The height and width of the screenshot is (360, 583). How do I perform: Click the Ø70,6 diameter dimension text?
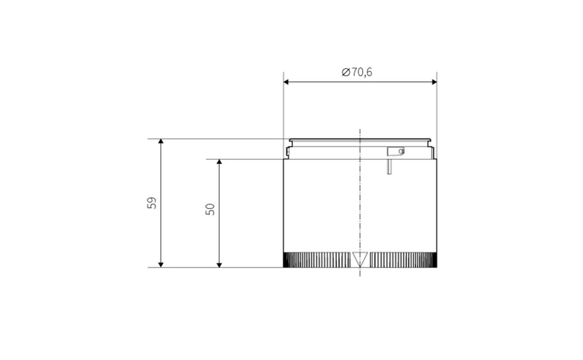tap(357, 72)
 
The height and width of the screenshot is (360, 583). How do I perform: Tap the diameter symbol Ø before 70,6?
tap(345, 72)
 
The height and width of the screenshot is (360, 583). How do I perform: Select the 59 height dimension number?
tap(152, 203)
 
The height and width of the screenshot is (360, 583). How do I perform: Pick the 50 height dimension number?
tap(210, 209)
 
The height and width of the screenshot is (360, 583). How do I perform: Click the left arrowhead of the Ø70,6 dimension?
tap(288, 82)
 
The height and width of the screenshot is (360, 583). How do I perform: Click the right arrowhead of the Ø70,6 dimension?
tap(433, 82)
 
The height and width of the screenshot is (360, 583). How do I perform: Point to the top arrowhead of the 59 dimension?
tap(161, 142)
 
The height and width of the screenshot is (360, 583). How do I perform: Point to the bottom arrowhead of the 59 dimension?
tap(161, 263)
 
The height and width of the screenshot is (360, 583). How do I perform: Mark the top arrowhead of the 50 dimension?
tap(219, 162)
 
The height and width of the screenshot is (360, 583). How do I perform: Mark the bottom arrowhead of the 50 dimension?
tap(219, 263)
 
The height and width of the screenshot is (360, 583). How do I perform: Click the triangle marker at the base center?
tap(360, 259)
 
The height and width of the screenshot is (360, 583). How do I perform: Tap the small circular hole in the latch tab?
tap(401, 152)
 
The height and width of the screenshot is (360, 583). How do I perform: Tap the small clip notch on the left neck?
tap(288, 153)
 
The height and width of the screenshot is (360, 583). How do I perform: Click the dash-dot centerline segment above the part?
tap(360, 134)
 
